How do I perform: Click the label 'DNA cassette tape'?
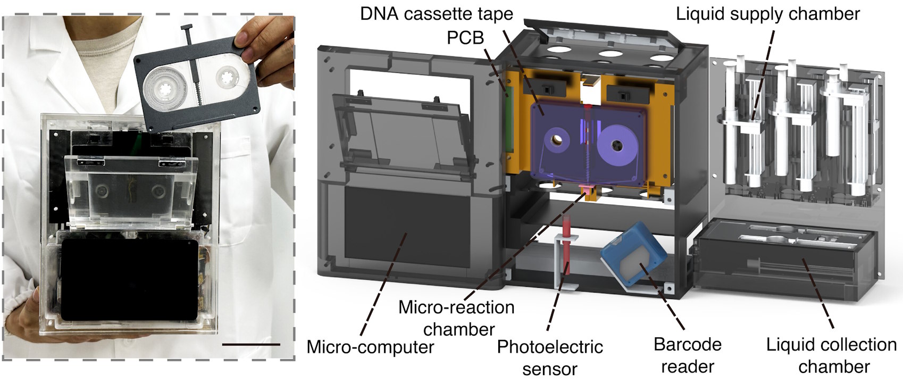pos(436,14)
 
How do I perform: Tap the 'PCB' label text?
pos(465,37)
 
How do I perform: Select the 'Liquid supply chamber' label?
pos(767,14)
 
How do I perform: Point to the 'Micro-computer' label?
pos(370,347)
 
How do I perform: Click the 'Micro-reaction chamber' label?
pos(456,318)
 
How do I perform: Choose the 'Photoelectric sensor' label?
pos(549,357)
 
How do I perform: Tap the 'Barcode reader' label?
pos(687,355)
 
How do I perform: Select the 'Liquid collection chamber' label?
pos(831,355)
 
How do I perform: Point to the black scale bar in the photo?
pos(250,345)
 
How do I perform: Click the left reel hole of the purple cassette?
pos(557,140)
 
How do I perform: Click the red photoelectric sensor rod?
pos(567,250)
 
